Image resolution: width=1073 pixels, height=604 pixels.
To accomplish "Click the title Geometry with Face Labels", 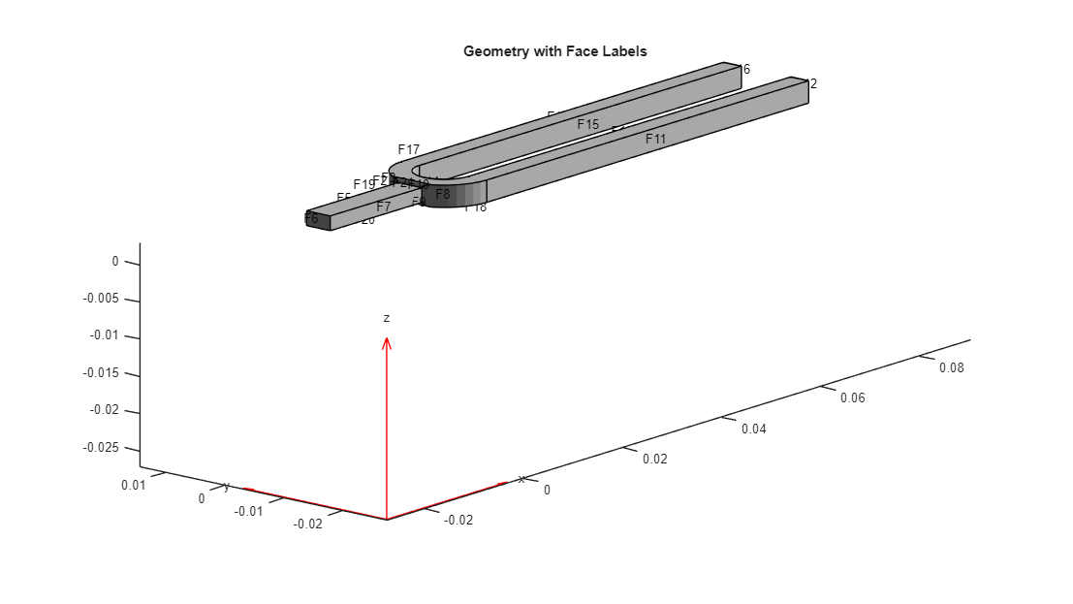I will click(x=554, y=51).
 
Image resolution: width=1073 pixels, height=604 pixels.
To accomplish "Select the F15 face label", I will click(x=588, y=124).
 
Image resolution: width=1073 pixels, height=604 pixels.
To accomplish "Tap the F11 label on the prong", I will click(x=656, y=139).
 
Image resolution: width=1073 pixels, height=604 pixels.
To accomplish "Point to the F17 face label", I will click(x=409, y=149).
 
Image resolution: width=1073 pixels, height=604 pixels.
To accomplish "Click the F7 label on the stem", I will click(x=384, y=207).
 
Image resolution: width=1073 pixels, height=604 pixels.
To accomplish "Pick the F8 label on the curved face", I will click(x=443, y=194).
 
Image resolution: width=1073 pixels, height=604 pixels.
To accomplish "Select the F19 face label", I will click(x=363, y=184).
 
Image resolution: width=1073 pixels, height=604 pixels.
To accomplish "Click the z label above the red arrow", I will click(x=387, y=318).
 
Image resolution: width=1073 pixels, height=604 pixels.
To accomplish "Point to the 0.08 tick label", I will click(x=951, y=367).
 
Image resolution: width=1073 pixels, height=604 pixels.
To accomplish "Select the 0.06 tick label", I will click(x=852, y=397).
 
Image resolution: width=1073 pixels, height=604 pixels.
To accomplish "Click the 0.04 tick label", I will click(x=753, y=429).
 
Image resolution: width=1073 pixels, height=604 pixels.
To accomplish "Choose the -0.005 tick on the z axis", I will click(x=101, y=299).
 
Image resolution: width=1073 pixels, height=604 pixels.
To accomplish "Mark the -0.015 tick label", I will click(x=101, y=373).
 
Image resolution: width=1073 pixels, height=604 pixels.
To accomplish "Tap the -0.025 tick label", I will click(x=101, y=447).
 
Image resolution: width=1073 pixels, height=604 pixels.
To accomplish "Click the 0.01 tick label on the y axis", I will click(x=134, y=485).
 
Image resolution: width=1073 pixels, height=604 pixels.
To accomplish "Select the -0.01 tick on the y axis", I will click(x=249, y=511).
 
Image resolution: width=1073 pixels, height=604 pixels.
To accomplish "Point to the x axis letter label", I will click(x=521, y=479).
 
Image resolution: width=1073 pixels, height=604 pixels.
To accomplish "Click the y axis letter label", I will click(x=227, y=487).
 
